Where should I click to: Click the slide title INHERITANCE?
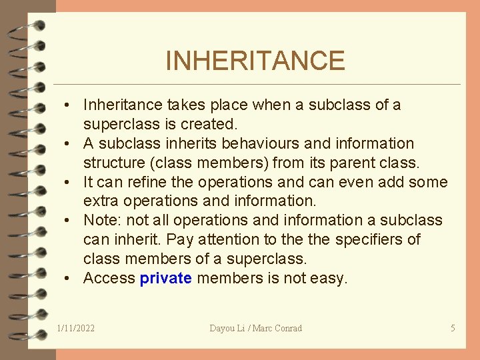tap(255, 61)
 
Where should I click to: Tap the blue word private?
tap(165, 278)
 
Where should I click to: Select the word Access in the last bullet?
tap(109, 278)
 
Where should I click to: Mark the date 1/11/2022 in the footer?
tap(76, 328)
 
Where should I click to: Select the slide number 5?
tap(453, 328)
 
